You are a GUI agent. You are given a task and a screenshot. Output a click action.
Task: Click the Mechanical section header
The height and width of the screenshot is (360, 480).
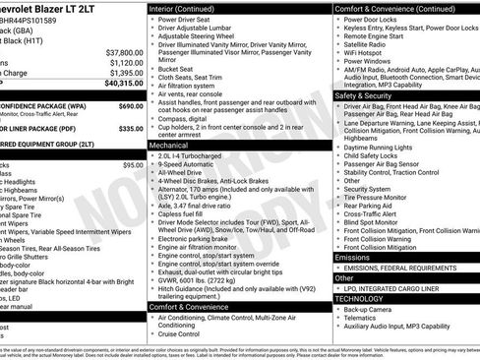(x=168, y=144)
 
